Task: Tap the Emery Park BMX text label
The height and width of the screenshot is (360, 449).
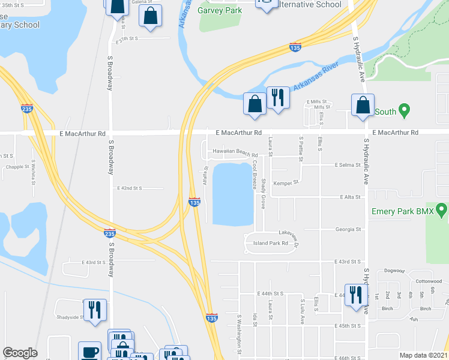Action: point(402,211)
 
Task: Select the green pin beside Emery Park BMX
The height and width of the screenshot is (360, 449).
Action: point(442,211)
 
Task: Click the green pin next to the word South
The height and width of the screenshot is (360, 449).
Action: point(404,111)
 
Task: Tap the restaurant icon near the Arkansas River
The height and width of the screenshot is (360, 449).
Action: point(278,97)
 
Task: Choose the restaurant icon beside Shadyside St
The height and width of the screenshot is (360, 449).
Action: point(95,310)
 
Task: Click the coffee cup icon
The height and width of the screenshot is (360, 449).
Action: point(90,352)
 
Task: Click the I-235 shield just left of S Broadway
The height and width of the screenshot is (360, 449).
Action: point(109,232)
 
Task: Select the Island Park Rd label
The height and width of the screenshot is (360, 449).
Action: point(271,244)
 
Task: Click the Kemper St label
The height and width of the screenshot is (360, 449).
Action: point(286,182)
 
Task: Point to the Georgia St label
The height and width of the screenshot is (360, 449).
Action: point(348,229)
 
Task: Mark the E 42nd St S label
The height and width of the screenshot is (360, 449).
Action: point(130,188)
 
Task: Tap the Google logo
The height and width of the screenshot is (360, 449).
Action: point(20,353)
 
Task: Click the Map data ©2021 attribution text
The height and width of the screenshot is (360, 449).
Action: point(423,355)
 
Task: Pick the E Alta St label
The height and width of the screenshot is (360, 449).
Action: point(350,197)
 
